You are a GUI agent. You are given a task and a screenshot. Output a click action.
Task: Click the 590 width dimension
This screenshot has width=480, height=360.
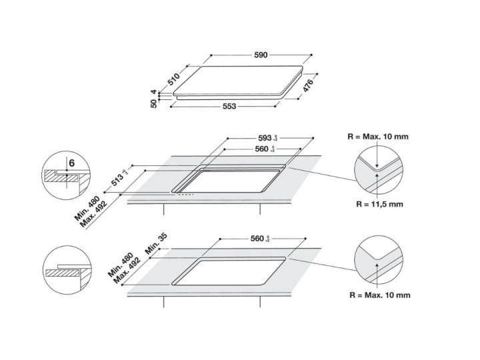coord(261,55)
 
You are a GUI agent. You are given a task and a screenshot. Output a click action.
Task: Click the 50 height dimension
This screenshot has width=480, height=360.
coord(154,103)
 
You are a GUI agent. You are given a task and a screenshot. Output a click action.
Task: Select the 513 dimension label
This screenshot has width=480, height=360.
coord(119,177)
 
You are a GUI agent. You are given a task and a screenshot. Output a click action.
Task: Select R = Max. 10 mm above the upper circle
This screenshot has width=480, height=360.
coord(379,137)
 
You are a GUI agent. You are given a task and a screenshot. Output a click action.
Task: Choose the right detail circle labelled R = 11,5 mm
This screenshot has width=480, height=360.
coord(378,170)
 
